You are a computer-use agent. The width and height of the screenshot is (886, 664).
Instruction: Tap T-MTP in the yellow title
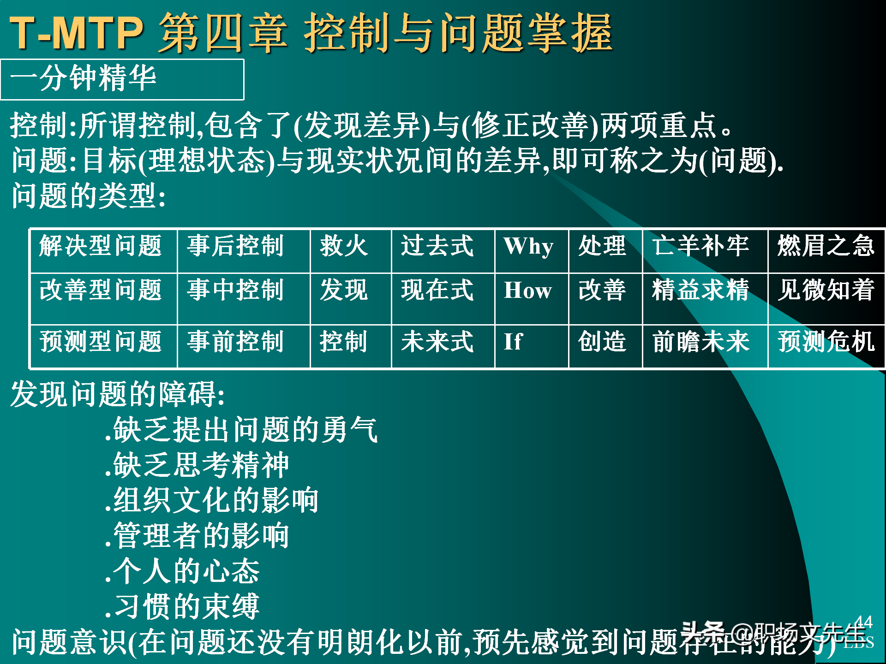tap(77, 33)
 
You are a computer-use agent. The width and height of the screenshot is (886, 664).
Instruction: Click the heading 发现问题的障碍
tap(118, 395)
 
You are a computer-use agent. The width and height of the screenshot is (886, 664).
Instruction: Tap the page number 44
tap(863, 622)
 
